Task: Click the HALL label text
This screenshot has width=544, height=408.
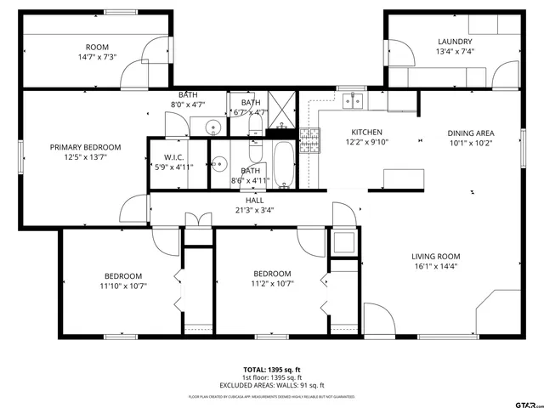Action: pyautogui.click(x=255, y=201)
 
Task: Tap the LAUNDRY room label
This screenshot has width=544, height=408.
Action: pyautogui.click(x=455, y=42)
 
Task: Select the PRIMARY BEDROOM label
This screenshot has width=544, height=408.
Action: pyautogui.click(x=85, y=147)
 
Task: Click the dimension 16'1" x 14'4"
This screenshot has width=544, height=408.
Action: pyautogui.click(x=435, y=266)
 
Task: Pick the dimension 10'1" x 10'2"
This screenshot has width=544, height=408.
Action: pyautogui.click(x=471, y=143)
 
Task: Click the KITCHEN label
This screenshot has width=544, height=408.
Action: pyautogui.click(x=366, y=133)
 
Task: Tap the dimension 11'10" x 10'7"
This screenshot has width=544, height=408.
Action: pyautogui.click(x=123, y=286)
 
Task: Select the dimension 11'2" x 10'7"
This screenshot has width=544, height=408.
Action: pyautogui.click(x=272, y=284)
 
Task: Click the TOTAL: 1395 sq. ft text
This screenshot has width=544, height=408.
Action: pyautogui.click(x=272, y=370)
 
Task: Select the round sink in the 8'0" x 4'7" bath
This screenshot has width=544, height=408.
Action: pyautogui.click(x=212, y=127)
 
